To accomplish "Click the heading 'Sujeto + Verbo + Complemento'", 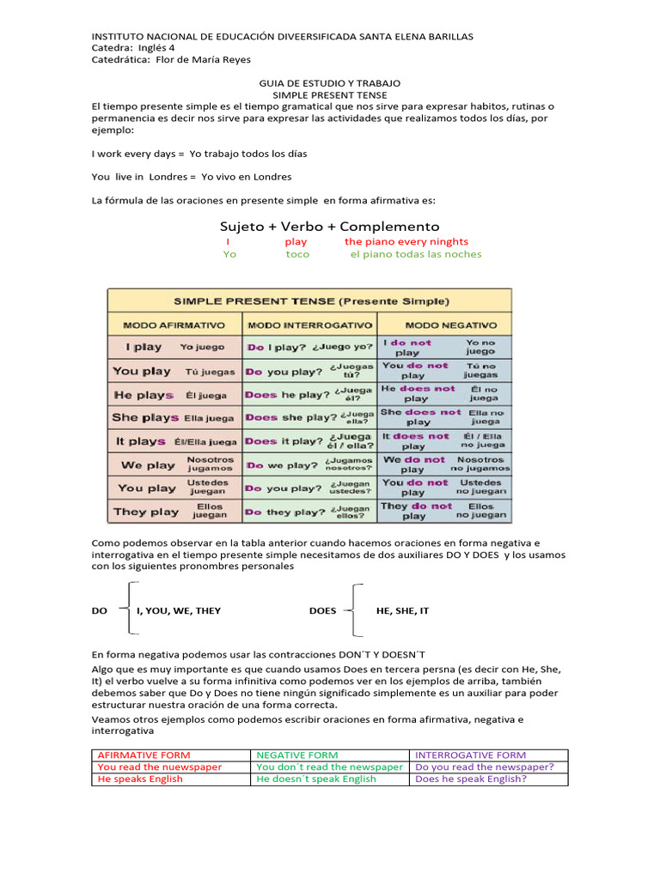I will (x=329, y=226).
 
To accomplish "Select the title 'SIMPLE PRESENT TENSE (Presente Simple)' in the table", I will (x=311, y=301).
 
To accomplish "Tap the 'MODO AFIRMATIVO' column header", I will (x=174, y=325).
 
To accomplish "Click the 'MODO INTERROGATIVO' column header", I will (x=309, y=325).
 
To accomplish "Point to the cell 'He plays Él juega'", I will (x=174, y=395).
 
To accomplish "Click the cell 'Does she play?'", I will (x=309, y=418).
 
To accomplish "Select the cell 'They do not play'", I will (x=444, y=512).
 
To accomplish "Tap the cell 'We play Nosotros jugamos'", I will (x=174, y=464).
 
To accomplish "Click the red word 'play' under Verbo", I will (x=296, y=242).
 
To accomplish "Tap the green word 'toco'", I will (x=297, y=254).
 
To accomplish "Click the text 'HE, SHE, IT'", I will (x=402, y=610).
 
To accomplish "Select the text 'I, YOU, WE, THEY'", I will (x=179, y=610).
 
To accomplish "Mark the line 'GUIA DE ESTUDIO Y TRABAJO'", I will (x=329, y=83).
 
